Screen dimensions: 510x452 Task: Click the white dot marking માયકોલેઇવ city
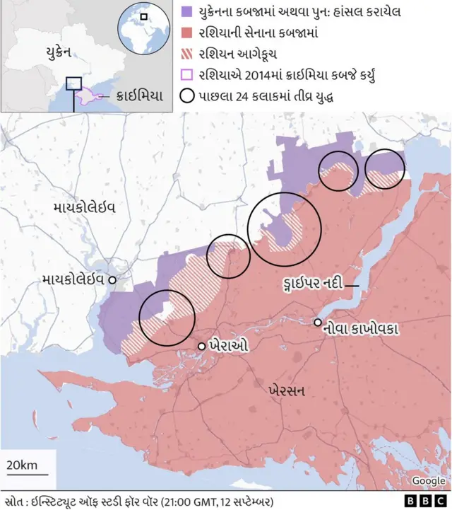point(112,281)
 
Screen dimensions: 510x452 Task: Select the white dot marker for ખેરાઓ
point(202,346)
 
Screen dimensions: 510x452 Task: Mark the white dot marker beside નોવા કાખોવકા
point(318,323)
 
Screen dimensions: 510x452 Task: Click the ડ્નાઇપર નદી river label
point(311,284)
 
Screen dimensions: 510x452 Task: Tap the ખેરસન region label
point(287,390)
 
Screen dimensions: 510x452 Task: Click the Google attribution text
point(428,481)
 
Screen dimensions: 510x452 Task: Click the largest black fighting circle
point(285,229)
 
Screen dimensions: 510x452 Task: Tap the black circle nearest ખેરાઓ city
point(167,318)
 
